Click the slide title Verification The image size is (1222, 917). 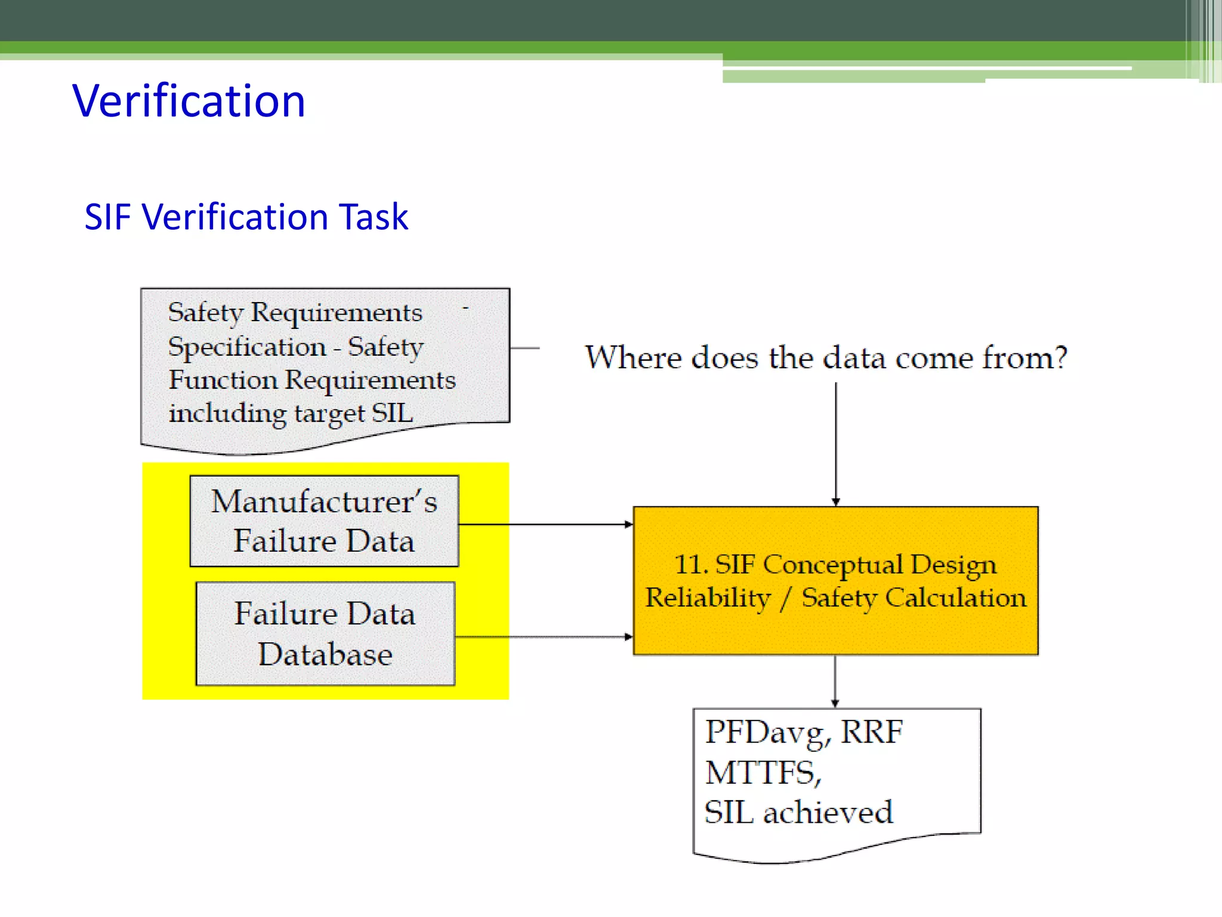189,101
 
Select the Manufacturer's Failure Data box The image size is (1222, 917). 324,521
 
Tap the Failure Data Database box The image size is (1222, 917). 325,634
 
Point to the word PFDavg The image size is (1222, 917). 767,733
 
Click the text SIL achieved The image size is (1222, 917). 798,813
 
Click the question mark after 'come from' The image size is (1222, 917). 1060,358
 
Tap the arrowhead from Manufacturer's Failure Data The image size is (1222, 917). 628,524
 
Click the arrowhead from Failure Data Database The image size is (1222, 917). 628,637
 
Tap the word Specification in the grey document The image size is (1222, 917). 247,347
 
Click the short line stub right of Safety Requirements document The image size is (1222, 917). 525,348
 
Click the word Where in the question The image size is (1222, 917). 633,358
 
